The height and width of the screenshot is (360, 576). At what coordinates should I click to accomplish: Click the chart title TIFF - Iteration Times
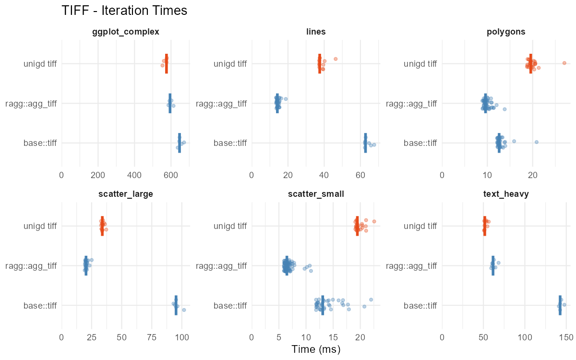click(124, 11)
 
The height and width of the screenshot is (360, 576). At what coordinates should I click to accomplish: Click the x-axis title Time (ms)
click(316, 349)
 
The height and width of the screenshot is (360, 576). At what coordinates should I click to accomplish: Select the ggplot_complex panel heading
click(126, 32)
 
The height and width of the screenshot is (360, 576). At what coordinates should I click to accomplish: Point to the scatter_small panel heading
click(316, 194)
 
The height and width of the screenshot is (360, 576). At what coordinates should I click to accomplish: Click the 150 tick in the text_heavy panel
click(566, 338)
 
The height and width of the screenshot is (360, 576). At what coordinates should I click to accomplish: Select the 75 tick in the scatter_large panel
click(152, 338)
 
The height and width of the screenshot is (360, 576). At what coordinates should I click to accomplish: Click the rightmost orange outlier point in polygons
click(564, 63)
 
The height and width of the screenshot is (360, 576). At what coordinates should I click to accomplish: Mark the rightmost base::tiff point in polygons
click(537, 142)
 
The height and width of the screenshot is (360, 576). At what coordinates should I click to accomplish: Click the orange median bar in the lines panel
click(320, 63)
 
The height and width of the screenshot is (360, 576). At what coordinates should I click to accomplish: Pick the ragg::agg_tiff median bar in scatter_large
click(86, 265)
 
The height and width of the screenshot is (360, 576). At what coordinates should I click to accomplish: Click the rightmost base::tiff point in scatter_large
click(184, 310)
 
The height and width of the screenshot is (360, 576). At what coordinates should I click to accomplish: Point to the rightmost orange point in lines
click(336, 59)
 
